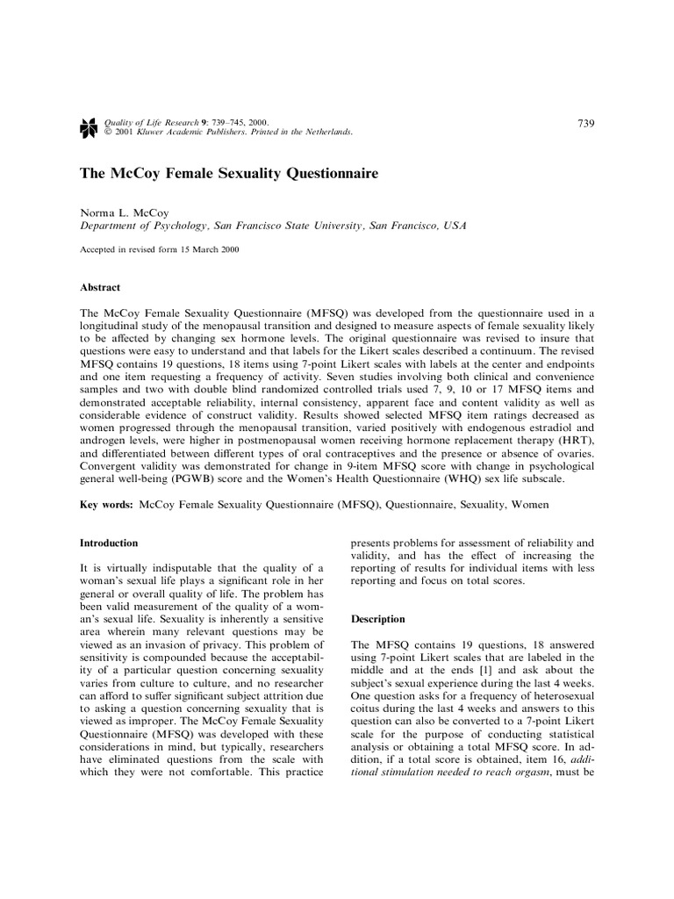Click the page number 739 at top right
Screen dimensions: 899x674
[586, 123]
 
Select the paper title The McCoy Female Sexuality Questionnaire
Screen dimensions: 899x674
[229, 174]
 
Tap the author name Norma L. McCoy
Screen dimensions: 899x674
[125, 212]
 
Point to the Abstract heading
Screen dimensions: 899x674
[100, 287]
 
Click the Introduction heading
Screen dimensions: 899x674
[109, 543]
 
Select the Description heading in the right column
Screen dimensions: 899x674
[378, 619]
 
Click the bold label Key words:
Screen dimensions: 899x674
[107, 506]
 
